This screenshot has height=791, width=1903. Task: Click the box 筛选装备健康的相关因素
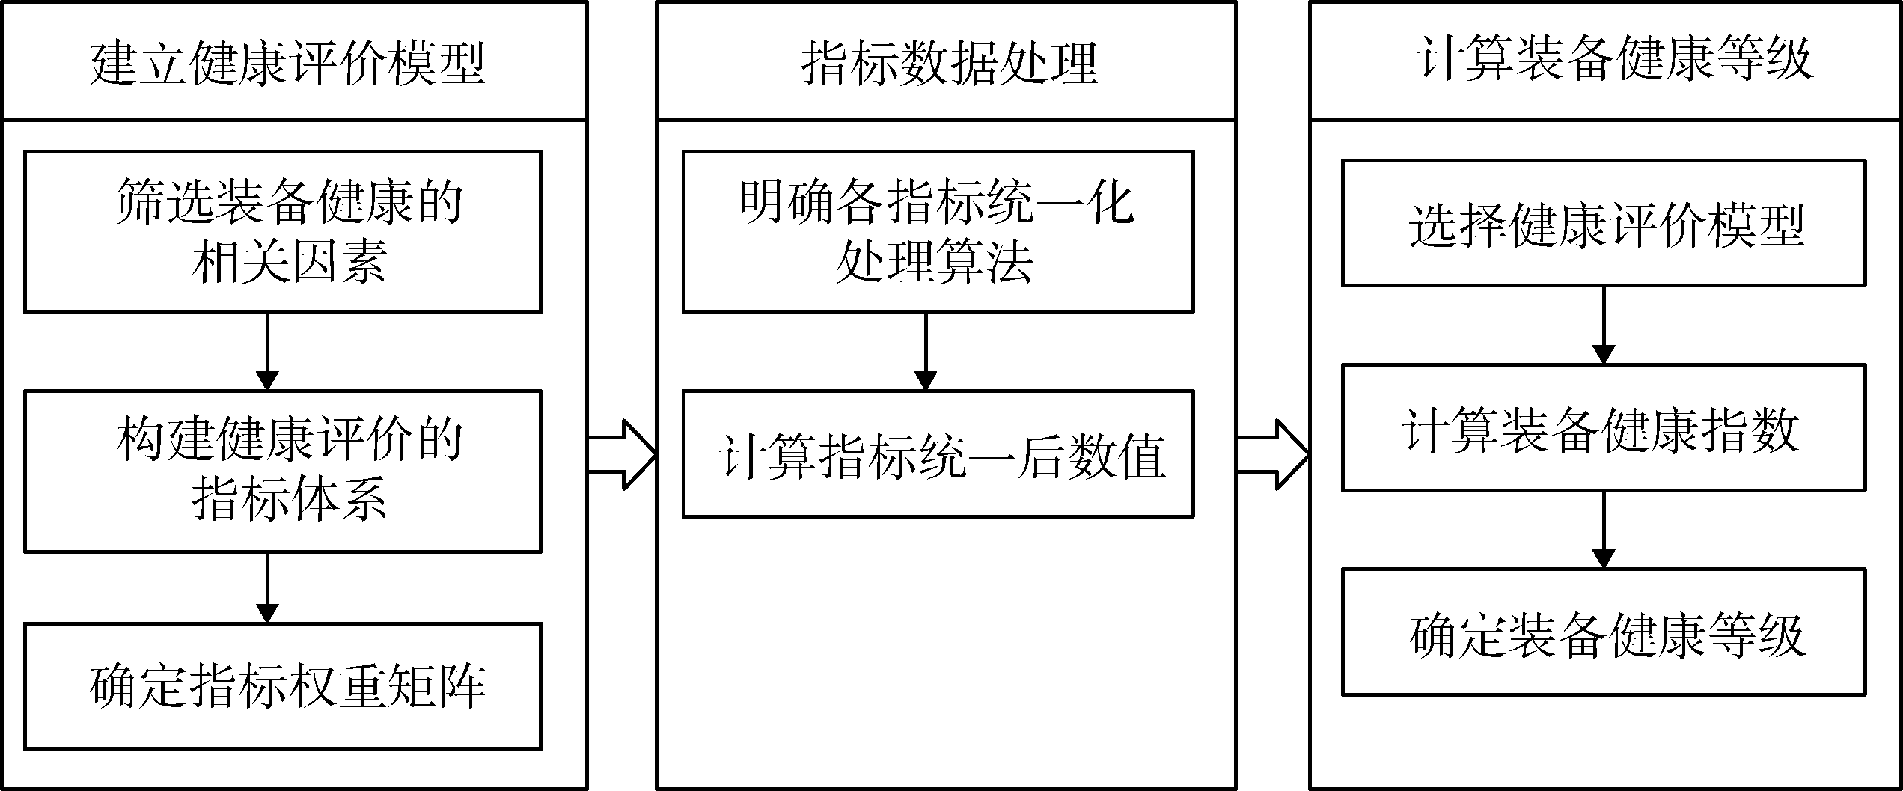[283, 232]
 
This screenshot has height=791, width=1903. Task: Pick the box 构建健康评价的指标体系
[283, 471]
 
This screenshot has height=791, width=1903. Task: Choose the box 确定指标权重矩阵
[283, 686]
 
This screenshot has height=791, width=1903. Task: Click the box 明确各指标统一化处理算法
[938, 232]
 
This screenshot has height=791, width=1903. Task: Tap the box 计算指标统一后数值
[938, 453]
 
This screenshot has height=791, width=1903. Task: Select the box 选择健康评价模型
[1604, 223]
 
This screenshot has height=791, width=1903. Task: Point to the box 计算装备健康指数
[1604, 427]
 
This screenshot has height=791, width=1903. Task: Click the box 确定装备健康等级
[1604, 632]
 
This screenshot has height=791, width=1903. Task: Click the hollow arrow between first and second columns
[622, 454]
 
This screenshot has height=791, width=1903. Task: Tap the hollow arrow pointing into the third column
[1273, 454]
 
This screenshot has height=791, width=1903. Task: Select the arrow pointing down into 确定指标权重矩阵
[267, 588]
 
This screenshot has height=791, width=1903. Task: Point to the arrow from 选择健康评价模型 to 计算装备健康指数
[1603, 326]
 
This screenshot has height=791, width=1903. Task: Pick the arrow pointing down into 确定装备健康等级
[1603, 531]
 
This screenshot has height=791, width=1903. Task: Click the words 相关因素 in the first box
[289, 262]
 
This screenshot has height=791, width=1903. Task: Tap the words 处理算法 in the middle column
[935, 262]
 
